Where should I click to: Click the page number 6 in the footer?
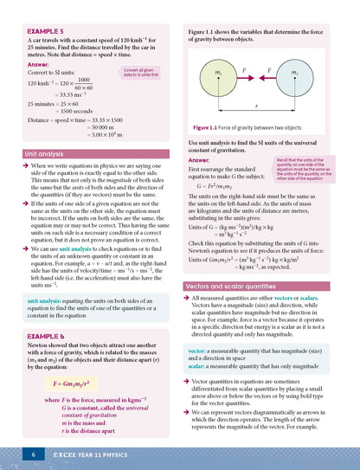click(32, 454)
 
